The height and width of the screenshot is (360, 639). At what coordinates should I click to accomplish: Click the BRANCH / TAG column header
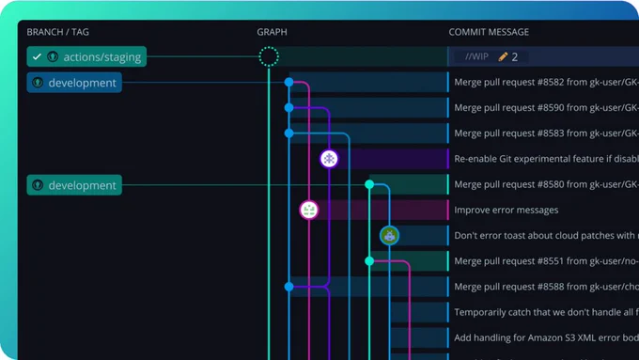58,32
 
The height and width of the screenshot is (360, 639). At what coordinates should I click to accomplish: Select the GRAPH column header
272,32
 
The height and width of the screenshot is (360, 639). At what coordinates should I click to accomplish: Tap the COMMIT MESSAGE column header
489,32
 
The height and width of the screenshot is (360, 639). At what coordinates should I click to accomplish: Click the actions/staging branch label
86,56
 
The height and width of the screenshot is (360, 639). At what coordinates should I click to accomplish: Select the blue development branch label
74,83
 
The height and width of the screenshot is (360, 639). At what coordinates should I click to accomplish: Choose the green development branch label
74,185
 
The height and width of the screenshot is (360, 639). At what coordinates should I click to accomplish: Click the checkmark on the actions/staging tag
37,56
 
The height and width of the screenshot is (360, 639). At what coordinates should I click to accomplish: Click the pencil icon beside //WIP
503,56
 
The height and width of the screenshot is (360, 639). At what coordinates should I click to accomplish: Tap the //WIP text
476,56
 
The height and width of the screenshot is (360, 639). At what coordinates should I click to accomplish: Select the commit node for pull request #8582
288,83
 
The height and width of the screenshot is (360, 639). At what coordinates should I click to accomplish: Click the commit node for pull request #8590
288,108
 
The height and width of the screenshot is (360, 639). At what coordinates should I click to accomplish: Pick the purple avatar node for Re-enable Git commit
329,159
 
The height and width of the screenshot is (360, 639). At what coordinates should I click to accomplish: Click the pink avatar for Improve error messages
309,210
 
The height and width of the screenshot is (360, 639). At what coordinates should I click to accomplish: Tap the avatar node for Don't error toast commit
389,235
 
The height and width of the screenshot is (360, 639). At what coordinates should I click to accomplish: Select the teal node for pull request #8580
369,184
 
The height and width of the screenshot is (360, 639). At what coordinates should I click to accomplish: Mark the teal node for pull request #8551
369,261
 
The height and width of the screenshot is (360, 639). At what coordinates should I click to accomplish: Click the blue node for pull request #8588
288,287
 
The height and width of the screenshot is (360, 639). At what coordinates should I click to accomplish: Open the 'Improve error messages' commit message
507,210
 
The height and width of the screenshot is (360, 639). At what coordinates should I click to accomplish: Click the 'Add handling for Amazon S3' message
546,337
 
